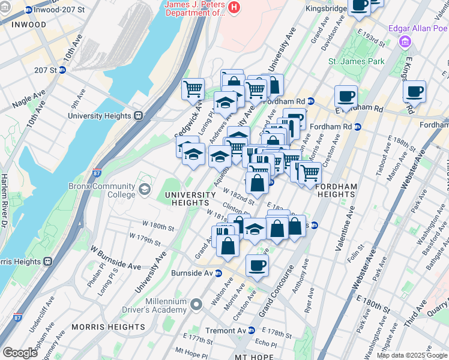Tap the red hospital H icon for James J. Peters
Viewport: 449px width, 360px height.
235,8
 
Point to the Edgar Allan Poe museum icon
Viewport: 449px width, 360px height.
406,41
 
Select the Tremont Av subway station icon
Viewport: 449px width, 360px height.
252,331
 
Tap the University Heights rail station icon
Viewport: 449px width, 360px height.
138,116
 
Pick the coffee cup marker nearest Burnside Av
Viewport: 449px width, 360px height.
257,265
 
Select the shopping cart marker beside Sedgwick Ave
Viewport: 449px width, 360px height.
193,89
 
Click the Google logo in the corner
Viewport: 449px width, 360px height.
20,353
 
